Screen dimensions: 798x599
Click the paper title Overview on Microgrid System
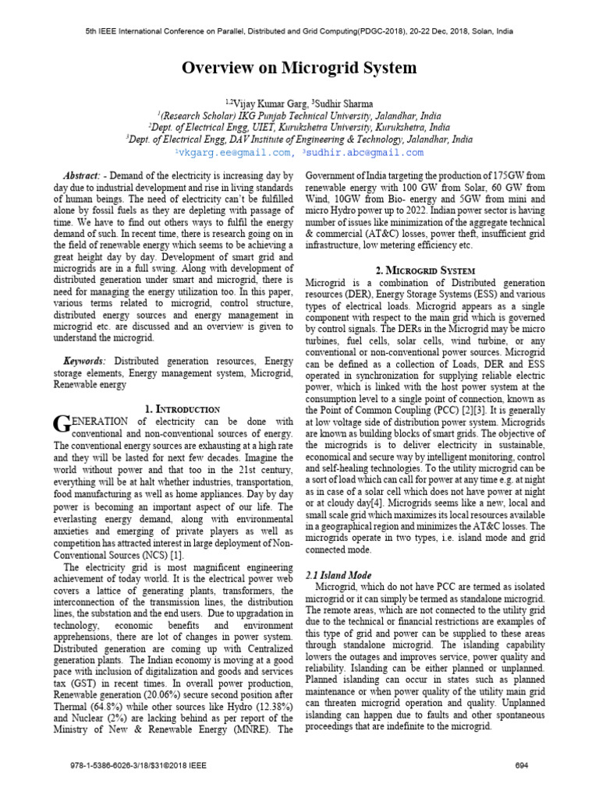click(x=299, y=69)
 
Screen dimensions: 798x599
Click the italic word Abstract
click(x=81, y=177)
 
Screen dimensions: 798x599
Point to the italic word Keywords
click(x=85, y=361)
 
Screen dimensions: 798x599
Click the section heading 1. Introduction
click(x=183, y=408)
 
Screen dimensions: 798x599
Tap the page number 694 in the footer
click(x=523, y=765)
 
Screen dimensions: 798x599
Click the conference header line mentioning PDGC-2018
click(x=299, y=32)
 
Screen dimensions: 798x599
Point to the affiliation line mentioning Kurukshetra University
click(x=299, y=128)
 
